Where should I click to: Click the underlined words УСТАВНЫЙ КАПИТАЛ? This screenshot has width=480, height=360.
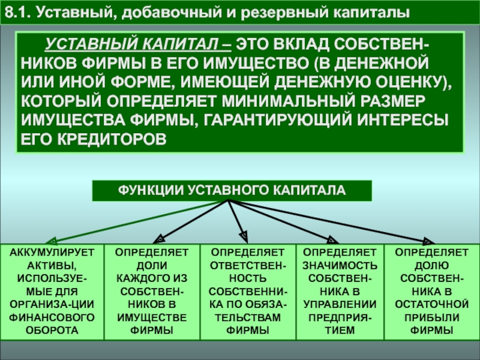tap(138, 44)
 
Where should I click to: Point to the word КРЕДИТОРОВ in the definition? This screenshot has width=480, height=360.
tap(112, 139)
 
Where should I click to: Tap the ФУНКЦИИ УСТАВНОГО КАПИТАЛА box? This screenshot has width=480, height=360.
tap(232, 190)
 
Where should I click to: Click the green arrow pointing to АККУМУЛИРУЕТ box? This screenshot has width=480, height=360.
tap(137, 222)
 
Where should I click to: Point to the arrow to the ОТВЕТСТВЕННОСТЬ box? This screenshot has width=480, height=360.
tap(237, 221)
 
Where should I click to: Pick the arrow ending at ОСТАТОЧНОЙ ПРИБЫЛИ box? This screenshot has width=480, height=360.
tap(331, 222)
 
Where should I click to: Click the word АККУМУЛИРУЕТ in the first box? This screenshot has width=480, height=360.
tap(52, 253)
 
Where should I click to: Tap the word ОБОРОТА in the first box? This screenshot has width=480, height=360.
tap(52, 331)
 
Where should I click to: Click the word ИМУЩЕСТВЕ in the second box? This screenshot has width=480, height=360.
tap(152, 317)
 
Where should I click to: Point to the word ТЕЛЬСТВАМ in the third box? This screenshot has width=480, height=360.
tap(247, 317)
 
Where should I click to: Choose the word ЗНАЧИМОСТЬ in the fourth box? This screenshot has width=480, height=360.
tap(340, 265)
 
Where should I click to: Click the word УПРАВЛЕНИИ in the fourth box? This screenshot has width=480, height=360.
tap(340, 304)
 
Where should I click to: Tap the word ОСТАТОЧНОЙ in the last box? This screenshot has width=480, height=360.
tap(431, 304)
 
